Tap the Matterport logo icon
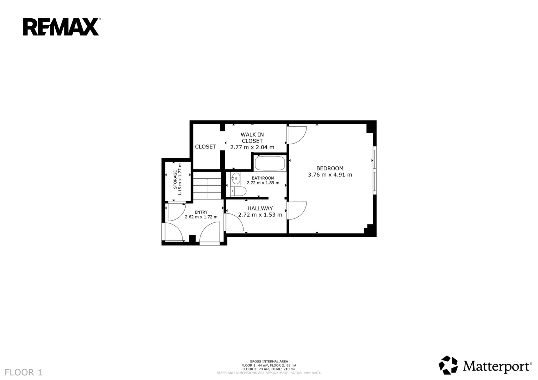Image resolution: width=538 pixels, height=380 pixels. (448, 365)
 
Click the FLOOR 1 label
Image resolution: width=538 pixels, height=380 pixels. (24, 372)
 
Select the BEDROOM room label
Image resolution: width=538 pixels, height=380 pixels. (330, 168)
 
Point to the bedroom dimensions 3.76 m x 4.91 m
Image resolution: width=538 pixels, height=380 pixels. (330, 175)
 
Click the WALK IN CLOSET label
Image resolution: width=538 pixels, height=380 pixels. (252, 138)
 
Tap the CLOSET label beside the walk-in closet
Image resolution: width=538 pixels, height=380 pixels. (205, 147)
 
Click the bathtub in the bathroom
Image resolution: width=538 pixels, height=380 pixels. (270, 163)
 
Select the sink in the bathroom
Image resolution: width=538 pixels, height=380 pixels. (236, 178)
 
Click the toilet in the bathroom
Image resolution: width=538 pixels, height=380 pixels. (239, 191)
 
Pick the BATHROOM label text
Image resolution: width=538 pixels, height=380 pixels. (263, 178)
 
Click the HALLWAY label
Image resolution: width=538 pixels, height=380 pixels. (260, 208)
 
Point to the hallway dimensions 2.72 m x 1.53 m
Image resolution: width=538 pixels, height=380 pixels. (260, 215)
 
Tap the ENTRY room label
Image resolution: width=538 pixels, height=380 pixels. (201, 212)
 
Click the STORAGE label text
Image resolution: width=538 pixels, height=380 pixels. (175, 180)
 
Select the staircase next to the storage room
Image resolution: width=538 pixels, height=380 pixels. (207, 185)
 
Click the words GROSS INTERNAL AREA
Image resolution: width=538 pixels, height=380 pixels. (269, 361)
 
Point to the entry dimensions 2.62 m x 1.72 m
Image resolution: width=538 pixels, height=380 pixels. (201, 217)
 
